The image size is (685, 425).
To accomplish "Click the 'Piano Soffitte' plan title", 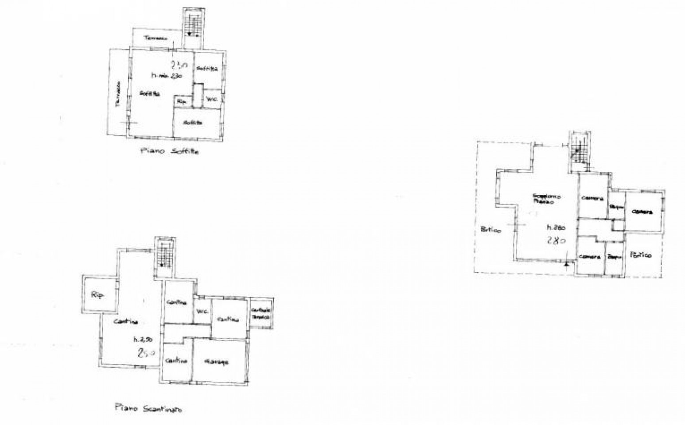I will coord(169,151).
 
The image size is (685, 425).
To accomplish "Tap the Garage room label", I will coord(217,361).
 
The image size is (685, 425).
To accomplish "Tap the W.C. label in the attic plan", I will coord(212,100).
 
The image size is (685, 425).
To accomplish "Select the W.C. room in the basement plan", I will coord(202,312).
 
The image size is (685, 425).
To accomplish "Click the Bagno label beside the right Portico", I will coord(614,256).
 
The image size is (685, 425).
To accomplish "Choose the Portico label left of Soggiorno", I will coord(490,230).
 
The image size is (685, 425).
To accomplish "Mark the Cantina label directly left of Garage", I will coord(176,360).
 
